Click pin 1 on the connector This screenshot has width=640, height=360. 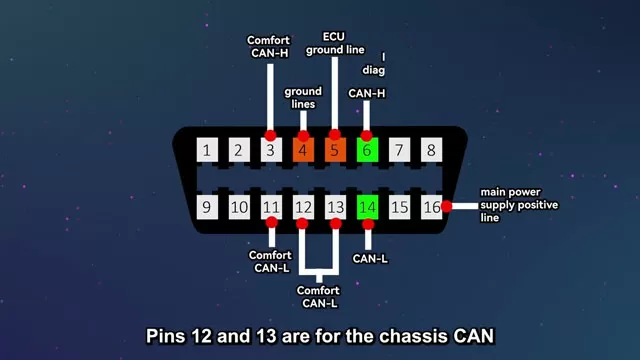pos(207,151)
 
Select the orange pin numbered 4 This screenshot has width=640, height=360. pos(303,151)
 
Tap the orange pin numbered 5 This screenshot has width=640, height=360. pos(335,151)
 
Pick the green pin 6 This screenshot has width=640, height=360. pos(367,151)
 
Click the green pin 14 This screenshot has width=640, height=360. pos(368,207)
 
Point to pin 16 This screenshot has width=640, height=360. pos(431,207)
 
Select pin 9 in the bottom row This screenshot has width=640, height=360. pos(207,207)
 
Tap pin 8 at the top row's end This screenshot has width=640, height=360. pos(431,151)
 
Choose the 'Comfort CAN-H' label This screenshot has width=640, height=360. pos(270,47)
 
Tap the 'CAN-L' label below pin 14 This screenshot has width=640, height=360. pos(368,257)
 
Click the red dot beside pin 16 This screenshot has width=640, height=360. pos(447,206)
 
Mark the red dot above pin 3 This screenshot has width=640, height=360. pos(270,135)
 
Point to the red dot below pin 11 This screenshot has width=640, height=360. pos(270,223)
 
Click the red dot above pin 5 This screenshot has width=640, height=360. pos(335,135)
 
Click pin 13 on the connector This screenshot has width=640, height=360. pos(335,207)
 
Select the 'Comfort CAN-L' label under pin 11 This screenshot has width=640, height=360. pos(270,261)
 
